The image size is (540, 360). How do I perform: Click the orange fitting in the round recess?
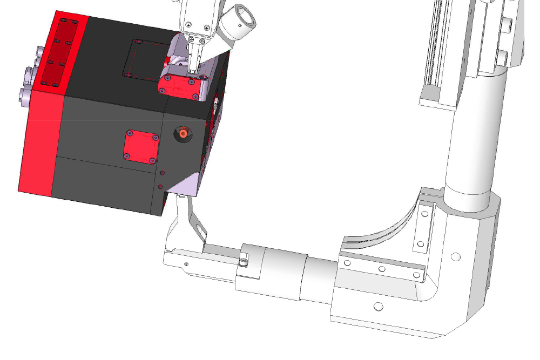pos(184,133)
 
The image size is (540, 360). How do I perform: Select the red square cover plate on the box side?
pos(141,147)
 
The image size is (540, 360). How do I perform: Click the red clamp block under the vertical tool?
pos(181,85)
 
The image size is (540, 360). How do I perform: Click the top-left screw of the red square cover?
pos(130,133)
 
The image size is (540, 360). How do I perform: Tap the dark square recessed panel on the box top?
pos(141,57)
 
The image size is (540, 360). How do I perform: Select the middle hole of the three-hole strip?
pos(381,268)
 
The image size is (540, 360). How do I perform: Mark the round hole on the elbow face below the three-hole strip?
pos(378,307)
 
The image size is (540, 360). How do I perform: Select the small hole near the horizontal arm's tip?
pos(187,264)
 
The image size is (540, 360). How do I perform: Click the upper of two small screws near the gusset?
pos(163,174)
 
